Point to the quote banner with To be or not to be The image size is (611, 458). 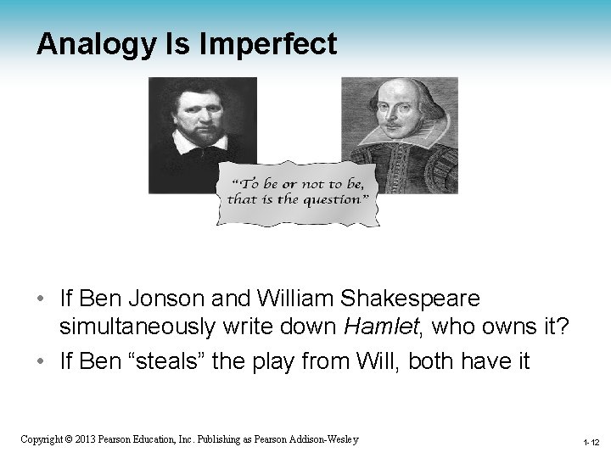297,193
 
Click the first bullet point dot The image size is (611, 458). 42,299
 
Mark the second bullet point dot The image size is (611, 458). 42,362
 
